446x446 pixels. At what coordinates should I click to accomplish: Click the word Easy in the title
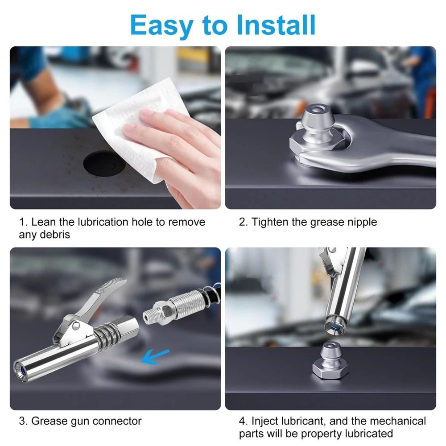(159, 25)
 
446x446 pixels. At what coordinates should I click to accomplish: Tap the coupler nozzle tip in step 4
(333, 322)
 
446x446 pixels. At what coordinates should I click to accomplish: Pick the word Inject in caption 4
(265, 421)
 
